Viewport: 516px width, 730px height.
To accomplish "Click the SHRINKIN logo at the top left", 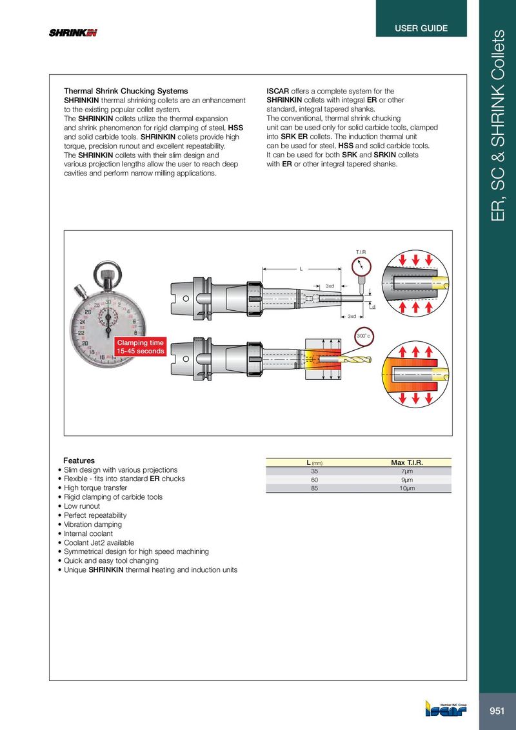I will (x=73, y=34).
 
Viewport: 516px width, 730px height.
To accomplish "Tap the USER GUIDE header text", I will (x=421, y=28).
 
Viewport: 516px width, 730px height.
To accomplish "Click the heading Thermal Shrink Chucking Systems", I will (x=126, y=91).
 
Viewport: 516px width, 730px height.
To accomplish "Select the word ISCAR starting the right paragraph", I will (x=278, y=91).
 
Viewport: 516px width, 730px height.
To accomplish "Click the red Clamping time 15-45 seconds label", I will (x=140, y=346).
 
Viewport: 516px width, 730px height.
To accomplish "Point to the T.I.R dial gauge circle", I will (x=362, y=265).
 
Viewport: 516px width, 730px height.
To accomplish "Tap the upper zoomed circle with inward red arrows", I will (x=414, y=284).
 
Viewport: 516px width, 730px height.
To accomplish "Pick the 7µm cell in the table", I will (x=407, y=471).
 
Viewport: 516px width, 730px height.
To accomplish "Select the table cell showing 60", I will (x=314, y=480).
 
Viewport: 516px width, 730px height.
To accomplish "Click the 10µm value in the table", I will (x=407, y=489).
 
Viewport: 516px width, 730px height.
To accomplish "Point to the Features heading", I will (x=79, y=461).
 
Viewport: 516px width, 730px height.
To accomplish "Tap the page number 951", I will (x=497, y=711).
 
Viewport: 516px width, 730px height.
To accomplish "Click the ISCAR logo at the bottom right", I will (x=446, y=709).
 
